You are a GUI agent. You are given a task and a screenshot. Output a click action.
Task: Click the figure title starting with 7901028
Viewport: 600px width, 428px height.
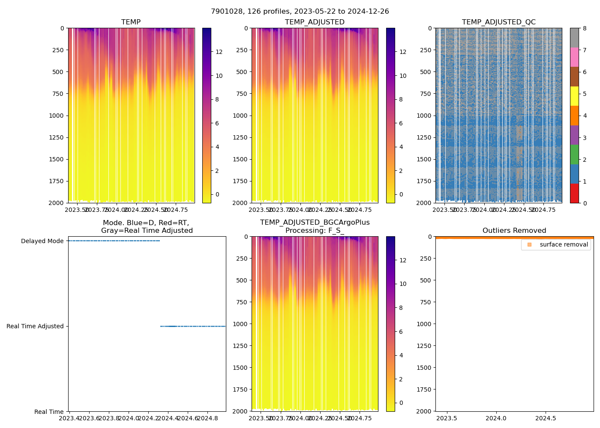[x=300, y=12]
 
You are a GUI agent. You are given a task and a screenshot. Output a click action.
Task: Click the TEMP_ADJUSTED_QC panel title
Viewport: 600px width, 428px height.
[x=498, y=22]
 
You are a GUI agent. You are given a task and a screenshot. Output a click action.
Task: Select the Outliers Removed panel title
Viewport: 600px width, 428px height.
[x=514, y=231]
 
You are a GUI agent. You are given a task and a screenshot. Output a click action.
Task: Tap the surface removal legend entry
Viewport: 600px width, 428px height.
[x=564, y=244]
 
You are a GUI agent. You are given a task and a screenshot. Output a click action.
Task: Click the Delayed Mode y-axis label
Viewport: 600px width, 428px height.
[x=42, y=241]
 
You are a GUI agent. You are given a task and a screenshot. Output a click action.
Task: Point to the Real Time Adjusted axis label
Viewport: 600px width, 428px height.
[x=35, y=326]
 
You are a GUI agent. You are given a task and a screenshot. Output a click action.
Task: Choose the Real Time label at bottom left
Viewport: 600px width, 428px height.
[x=49, y=412]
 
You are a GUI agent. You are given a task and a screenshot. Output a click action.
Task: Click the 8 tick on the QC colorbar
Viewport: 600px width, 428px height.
[x=585, y=28]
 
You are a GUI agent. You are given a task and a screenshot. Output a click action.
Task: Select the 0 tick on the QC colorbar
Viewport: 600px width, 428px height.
[x=585, y=203]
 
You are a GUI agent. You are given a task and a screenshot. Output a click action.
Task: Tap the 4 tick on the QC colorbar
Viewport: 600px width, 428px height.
[x=585, y=116]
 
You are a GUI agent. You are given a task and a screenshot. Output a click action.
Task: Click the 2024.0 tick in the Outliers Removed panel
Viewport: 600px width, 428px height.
[x=497, y=418]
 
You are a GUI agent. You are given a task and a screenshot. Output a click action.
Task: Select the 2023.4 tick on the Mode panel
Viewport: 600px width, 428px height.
[x=70, y=418]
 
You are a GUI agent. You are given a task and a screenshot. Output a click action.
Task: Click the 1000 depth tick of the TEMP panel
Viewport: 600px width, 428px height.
[x=56, y=116]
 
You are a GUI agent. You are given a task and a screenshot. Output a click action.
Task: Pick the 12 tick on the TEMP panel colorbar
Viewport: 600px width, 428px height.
[x=219, y=52]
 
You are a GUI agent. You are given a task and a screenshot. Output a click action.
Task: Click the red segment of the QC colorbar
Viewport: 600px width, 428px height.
[x=574, y=193]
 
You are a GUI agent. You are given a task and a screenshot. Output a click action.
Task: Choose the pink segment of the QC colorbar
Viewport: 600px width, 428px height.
[x=574, y=57]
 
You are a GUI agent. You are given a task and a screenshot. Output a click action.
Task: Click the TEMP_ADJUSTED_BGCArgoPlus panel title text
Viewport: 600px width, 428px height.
[x=315, y=223]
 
